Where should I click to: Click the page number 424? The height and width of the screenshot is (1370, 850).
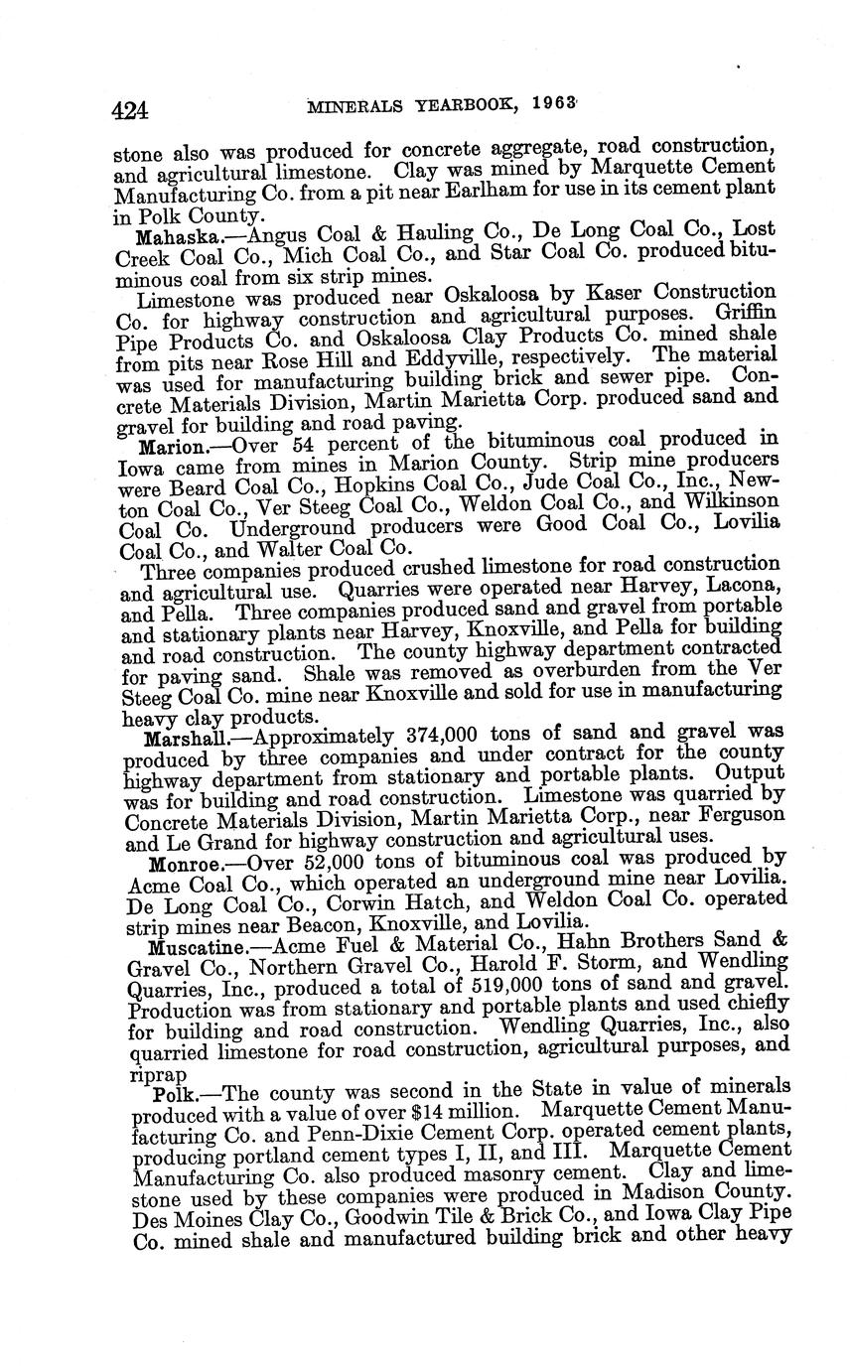(x=130, y=110)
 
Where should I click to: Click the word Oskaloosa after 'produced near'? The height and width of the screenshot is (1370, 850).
(x=472, y=297)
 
